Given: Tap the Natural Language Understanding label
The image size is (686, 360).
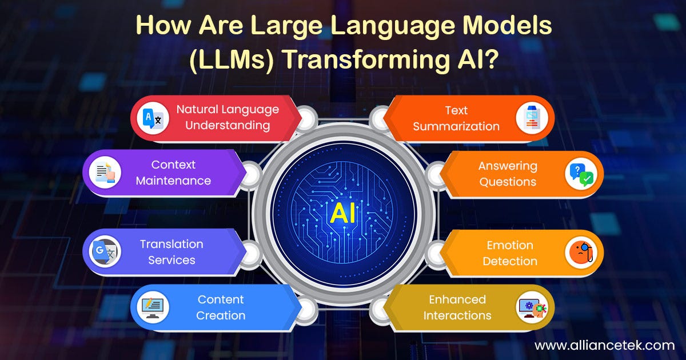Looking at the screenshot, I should click(x=227, y=117).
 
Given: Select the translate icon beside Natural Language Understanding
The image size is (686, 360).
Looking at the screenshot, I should click(x=154, y=119).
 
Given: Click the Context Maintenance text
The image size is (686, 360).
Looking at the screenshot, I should click(x=173, y=173).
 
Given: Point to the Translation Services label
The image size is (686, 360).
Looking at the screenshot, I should click(x=171, y=252).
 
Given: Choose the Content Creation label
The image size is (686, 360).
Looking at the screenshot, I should click(x=221, y=307).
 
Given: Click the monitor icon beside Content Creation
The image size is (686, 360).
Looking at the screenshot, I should click(x=154, y=307).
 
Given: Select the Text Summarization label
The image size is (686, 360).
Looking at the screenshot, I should click(x=456, y=118).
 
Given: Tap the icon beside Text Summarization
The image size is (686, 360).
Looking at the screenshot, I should click(x=532, y=118).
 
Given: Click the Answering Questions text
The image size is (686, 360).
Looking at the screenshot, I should click(x=508, y=174).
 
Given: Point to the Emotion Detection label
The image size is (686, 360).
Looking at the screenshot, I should click(x=510, y=253).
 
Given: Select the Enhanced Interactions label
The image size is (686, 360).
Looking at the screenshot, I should click(x=457, y=307).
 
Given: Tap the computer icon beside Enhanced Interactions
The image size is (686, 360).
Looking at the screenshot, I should click(x=532, y=307).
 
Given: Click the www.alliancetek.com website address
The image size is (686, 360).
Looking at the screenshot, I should click(x=604, y=345).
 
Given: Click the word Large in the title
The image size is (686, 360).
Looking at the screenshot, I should click(x=254, y=27).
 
